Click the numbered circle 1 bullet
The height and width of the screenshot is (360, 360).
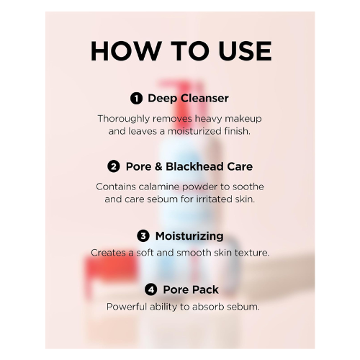click(x=136, y=98)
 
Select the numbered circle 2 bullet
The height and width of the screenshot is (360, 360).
click(x=114, y=166)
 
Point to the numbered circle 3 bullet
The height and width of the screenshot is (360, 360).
click(x=143, y=235)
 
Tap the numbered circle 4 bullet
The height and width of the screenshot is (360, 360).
click(x=150, y=289)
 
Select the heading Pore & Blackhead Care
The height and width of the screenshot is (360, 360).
click(x=189, y=166)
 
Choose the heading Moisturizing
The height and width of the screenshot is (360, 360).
click(x=188, y=235)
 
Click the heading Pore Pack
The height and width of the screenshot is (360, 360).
click(x=190, y=289)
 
